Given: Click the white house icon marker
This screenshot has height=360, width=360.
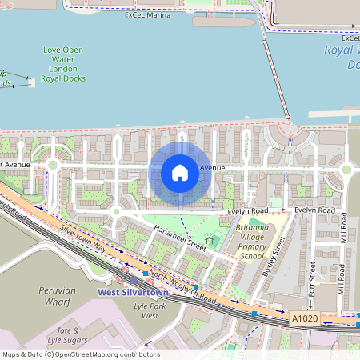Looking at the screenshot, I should [180, 173].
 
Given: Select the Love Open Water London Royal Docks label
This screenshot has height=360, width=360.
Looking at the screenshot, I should [63, 65].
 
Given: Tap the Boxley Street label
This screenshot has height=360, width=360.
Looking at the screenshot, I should [274, 255].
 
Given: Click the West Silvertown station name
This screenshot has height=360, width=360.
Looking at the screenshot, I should [126, 292].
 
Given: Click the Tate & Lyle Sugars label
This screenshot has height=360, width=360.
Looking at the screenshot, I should [68, 335].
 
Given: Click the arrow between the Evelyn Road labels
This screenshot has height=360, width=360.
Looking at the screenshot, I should [282, 210].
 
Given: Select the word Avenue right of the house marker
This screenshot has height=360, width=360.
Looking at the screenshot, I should [213, 168].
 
